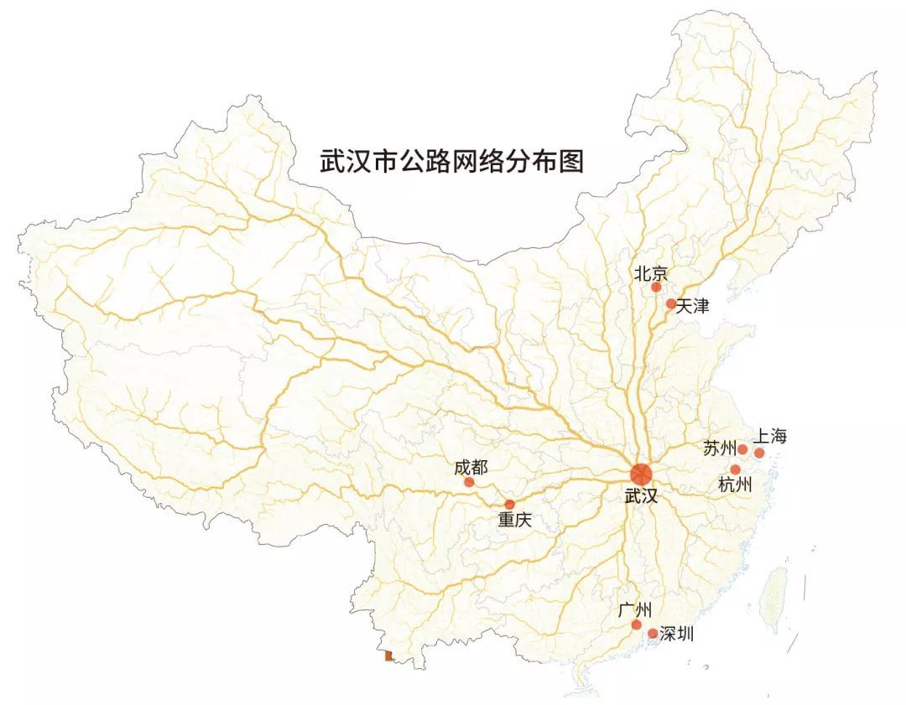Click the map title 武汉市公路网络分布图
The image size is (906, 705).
451,161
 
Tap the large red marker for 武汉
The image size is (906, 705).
641,474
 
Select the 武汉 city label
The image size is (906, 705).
642,496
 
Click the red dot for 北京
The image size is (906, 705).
656,287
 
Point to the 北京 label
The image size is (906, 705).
651,272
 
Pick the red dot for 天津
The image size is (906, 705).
671,303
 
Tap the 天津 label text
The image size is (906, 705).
693,306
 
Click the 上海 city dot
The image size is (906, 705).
759,453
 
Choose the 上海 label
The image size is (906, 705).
770,437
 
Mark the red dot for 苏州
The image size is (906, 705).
742,449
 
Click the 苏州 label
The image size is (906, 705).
719,448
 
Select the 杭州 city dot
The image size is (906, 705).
736,469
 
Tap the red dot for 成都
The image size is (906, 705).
469,482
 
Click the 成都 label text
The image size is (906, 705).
471,468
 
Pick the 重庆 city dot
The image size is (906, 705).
510,504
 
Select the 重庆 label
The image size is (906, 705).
515,520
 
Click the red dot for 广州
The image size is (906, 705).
637,625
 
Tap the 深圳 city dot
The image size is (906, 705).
653,634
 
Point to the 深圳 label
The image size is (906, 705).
677,634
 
